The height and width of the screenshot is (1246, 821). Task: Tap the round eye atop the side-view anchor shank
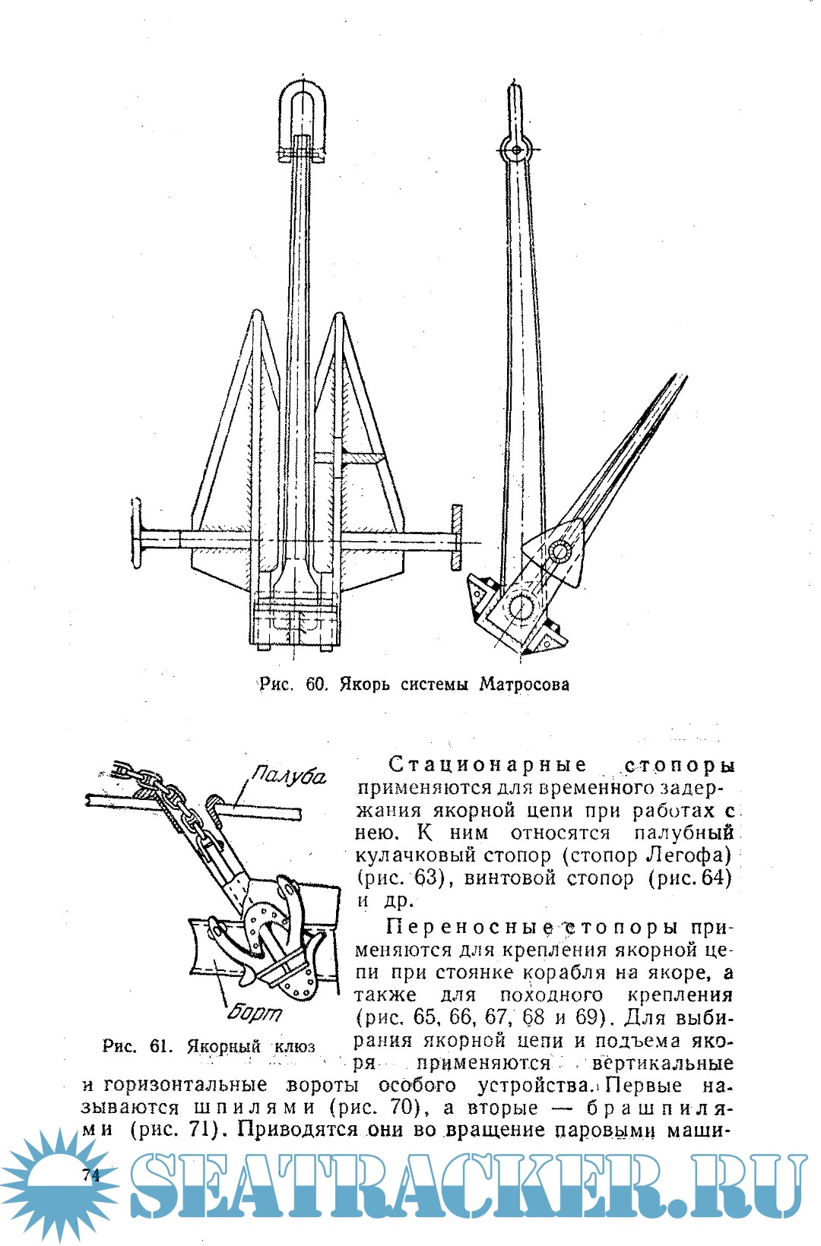click(x=516, y=150)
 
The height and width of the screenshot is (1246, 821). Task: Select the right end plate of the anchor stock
click(x=456, y=537)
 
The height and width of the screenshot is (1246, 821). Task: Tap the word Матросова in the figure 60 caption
click(x=524, y=685)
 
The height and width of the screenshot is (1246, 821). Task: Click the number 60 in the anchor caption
click(x=315, y=685)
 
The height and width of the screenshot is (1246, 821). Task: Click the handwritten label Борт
click(x=255, y=1014)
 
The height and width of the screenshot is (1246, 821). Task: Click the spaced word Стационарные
click(x=487, y=764)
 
